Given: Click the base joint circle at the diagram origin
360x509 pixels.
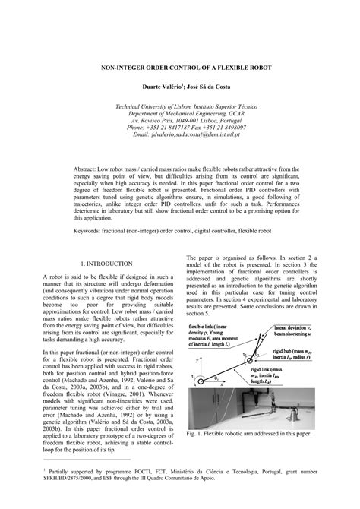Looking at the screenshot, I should pos(197,378).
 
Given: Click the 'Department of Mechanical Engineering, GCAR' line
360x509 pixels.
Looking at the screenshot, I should pos(180,114).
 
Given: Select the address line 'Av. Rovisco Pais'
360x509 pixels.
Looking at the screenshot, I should pos(180,121).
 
